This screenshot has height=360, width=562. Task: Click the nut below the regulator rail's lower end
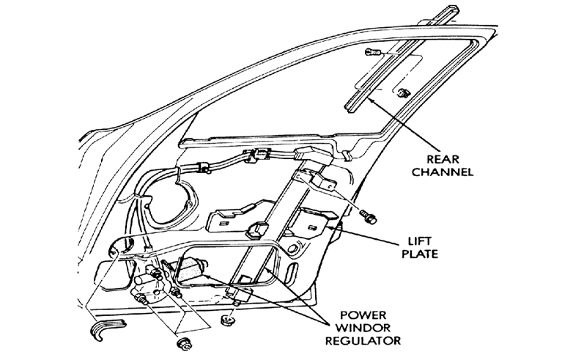tap(226, 320)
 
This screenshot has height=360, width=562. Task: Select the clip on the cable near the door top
tap(256, 155)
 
